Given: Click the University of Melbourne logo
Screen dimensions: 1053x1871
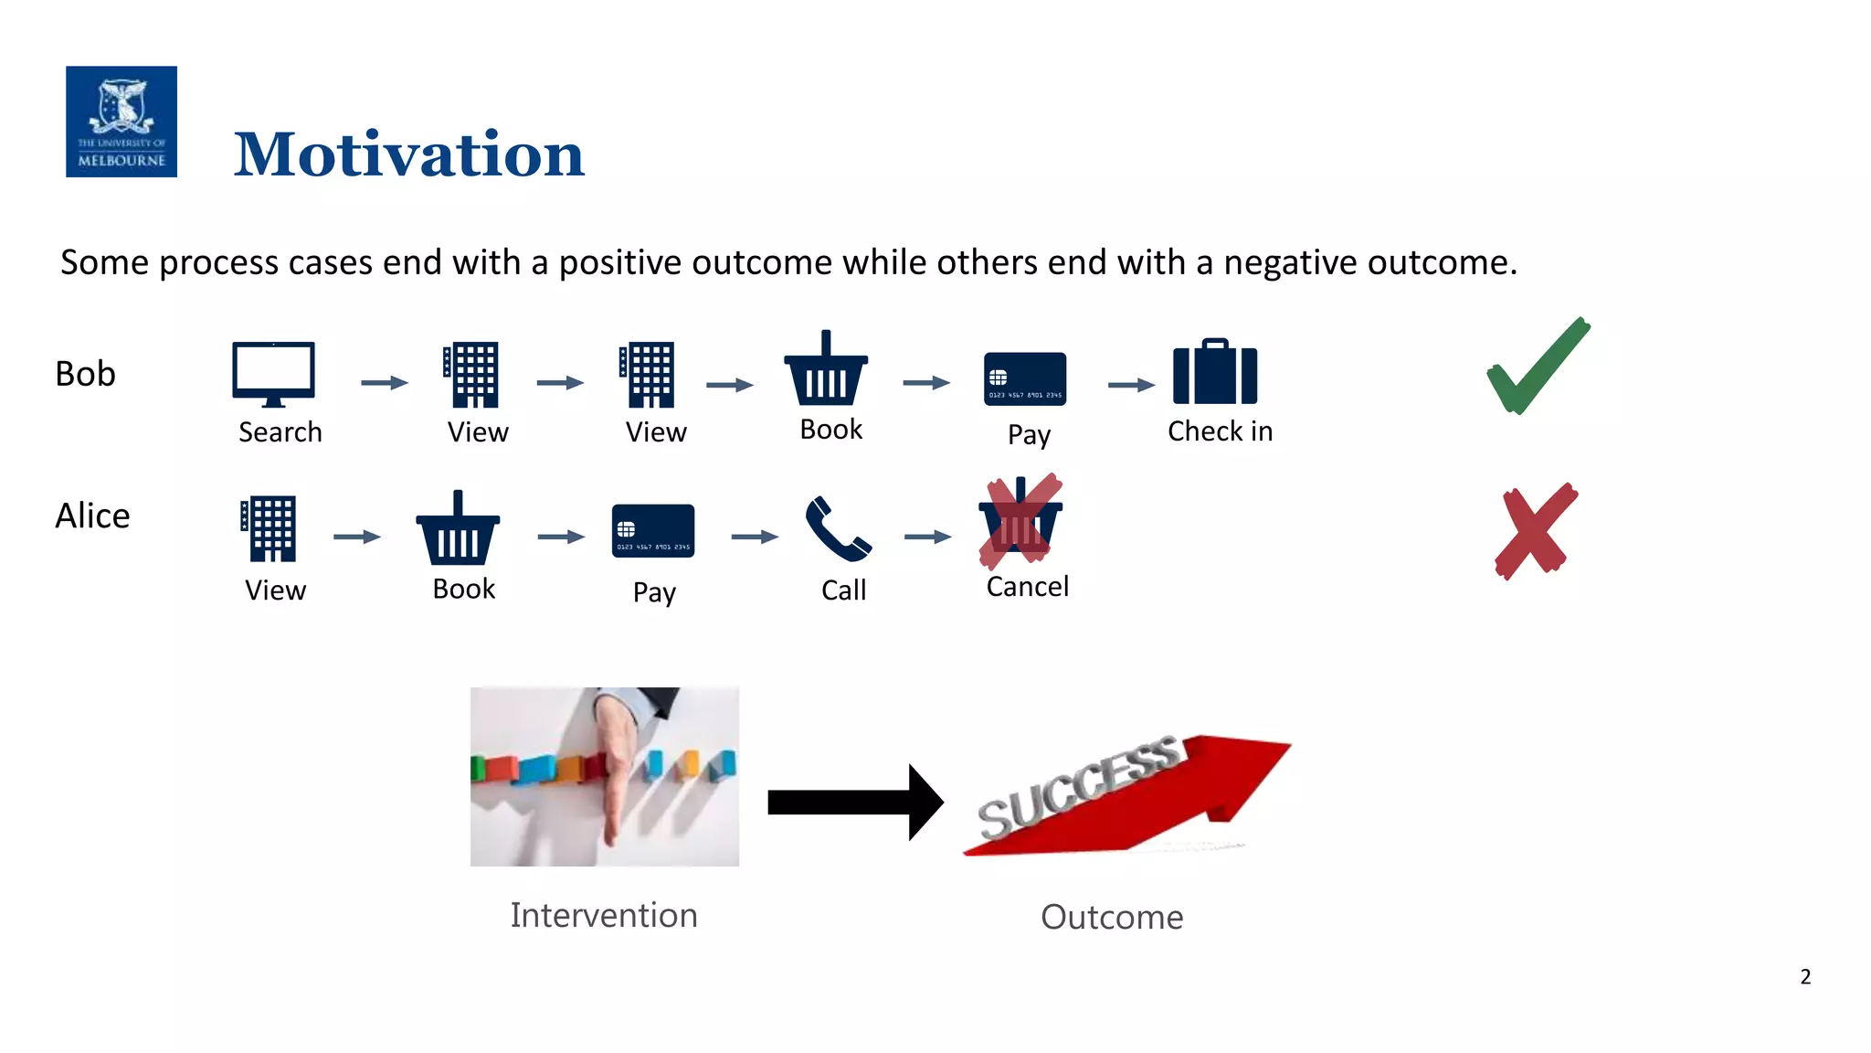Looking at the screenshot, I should point(122,122).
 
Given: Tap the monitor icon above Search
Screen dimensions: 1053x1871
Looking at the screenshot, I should point(273,374).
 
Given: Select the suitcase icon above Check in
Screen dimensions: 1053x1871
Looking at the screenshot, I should point(1215,372).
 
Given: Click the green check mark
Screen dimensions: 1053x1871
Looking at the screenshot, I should point(1538,366).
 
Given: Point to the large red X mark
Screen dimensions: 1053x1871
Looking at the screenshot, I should point(1536,531).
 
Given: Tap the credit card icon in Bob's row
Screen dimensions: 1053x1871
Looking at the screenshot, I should point(1024,378).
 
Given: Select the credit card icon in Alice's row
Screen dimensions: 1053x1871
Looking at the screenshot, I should point(652,530).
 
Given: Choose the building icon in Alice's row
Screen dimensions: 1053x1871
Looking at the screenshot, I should point(270,529).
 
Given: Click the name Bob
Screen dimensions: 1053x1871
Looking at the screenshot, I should point(85,374).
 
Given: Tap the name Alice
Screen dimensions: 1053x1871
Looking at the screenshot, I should point(92,516).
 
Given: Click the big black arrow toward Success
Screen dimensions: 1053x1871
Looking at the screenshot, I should point(855,802).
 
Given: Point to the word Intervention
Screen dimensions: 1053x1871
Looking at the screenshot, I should point(604,915).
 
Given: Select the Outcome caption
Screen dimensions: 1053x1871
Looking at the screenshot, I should point(1112,917).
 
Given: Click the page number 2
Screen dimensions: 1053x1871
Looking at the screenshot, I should point(1805,976).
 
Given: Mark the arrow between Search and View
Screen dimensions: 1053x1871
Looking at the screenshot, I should point(384,382).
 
